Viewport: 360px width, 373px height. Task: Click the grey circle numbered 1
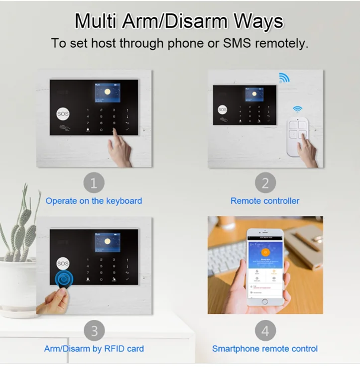tap(94, 184)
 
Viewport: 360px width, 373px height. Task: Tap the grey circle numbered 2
tap(265, 184)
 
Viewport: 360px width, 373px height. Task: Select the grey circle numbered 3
tap(94, 331)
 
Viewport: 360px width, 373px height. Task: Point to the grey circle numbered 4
tap(265, 331)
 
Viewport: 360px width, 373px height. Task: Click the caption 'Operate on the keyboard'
tap(94, 201)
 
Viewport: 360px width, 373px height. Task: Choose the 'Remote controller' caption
tap(265, 201)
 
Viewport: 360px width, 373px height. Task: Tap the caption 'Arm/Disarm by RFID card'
tap(94, 348)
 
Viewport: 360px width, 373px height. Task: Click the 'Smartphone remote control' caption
tap(265, 348)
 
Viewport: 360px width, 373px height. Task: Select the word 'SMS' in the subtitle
tap(237, 43)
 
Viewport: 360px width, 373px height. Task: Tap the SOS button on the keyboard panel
tap(63, 113)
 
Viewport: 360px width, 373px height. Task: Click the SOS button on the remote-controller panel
tap(222, 109)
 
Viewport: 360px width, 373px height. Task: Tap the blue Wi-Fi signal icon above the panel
tap(284, 78)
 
